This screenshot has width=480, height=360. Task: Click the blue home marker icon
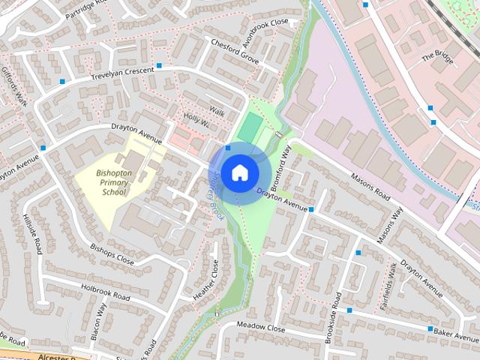pos(239,172)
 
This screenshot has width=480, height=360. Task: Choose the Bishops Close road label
pos(111,255)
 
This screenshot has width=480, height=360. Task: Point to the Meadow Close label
pos(260,327)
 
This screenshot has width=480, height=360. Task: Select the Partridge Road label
pos(85,10)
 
